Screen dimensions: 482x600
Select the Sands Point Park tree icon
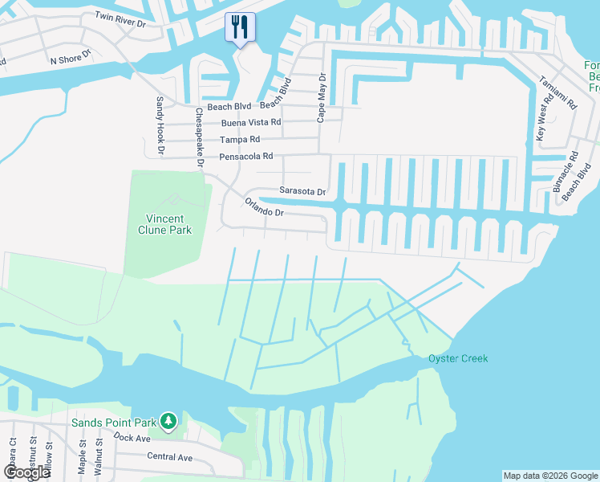168,420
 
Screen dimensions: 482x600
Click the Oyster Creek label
458,358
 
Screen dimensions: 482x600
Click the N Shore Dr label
71,59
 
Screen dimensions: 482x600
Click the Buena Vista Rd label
251,122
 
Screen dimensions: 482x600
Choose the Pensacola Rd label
246,156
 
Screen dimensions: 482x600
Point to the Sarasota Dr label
302,191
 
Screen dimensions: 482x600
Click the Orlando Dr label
265,208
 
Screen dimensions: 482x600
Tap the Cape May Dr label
322,97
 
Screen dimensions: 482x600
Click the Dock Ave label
132,437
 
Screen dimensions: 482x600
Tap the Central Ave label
169,457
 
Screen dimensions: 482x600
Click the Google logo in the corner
26,472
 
